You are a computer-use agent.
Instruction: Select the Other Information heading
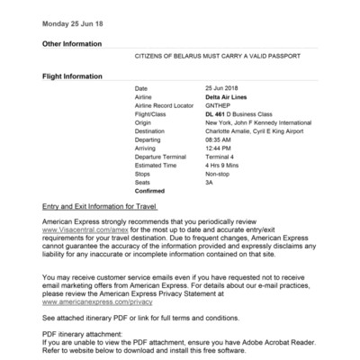point(72,44)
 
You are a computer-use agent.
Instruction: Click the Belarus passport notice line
point(211,57)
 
